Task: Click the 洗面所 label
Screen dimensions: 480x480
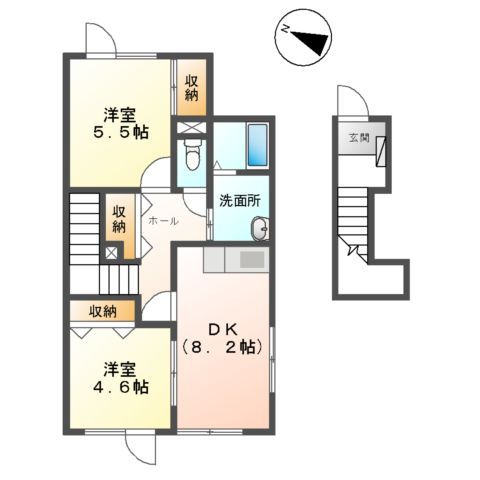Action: coord(239,199)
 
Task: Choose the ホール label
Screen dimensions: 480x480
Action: coord(162,220)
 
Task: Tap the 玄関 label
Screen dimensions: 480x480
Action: coord(357,139)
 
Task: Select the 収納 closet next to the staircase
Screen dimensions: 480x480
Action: coord(119,219)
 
